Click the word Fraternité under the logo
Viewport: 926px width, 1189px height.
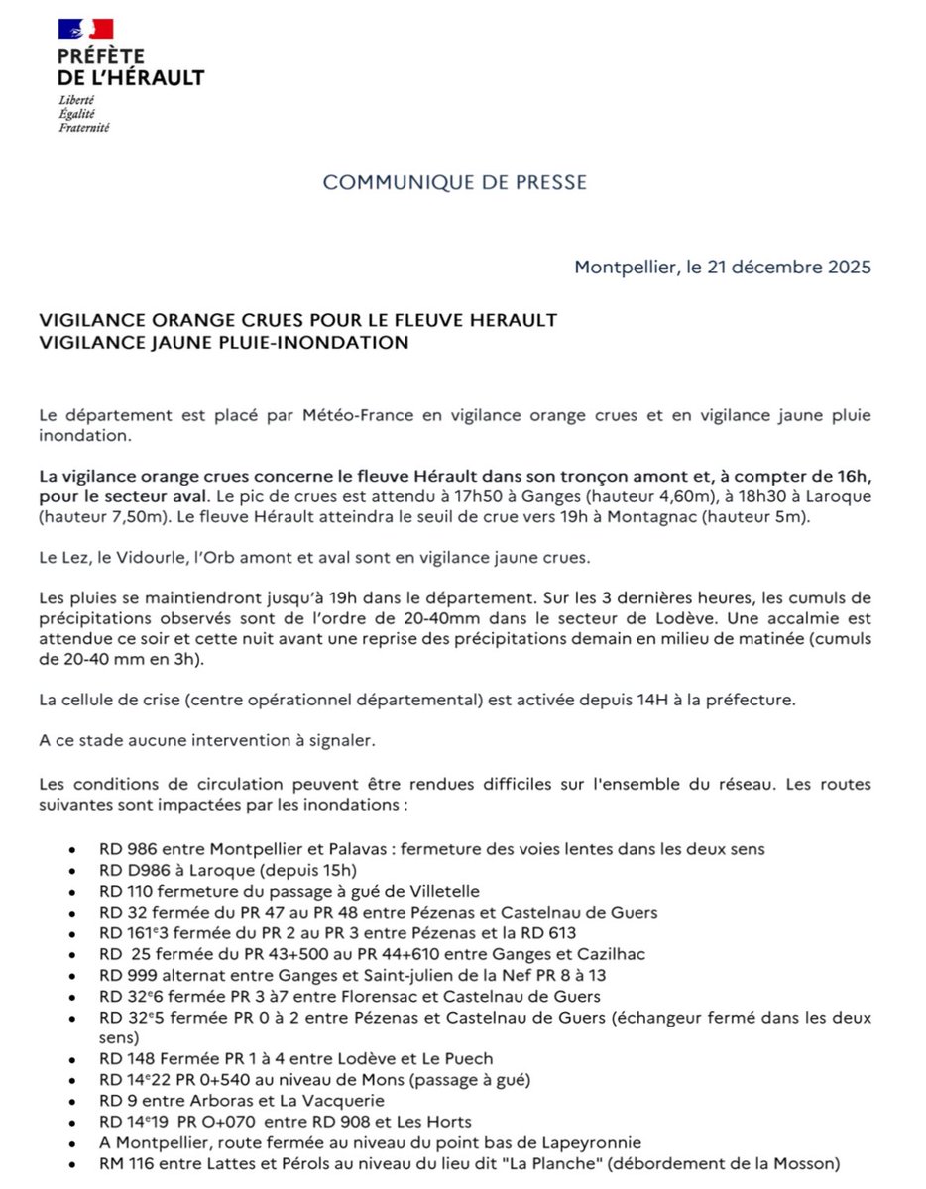click(84, 128)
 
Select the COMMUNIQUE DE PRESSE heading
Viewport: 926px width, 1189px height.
click(455, 182)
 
